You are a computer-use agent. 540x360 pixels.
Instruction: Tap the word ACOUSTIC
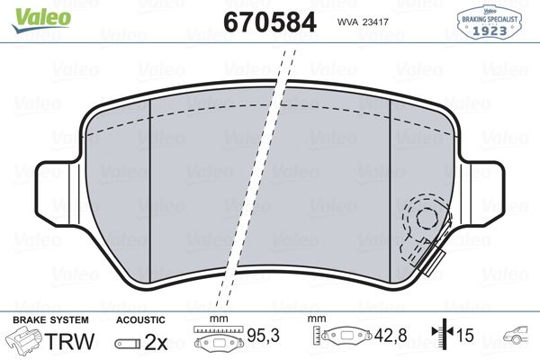click(140, 319)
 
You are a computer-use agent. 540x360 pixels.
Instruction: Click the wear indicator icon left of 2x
click(127, 342)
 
